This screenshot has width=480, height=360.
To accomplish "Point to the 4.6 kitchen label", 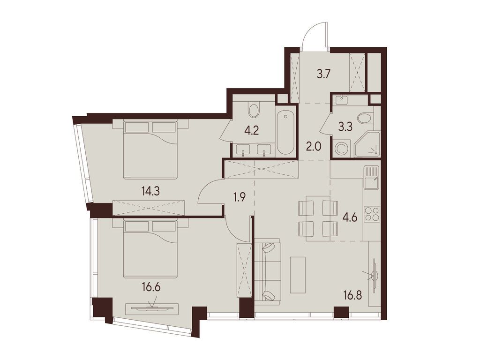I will tap(351, 218).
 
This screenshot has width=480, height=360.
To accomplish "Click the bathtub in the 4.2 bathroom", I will tap(285, 133).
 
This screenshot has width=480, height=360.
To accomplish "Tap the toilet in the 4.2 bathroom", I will tap(254, 110).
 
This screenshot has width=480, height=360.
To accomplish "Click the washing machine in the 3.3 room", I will tap(342, 148).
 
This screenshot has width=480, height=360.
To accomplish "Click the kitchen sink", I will tap(372, 177).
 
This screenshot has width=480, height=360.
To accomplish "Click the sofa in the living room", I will tap(267, 271).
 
